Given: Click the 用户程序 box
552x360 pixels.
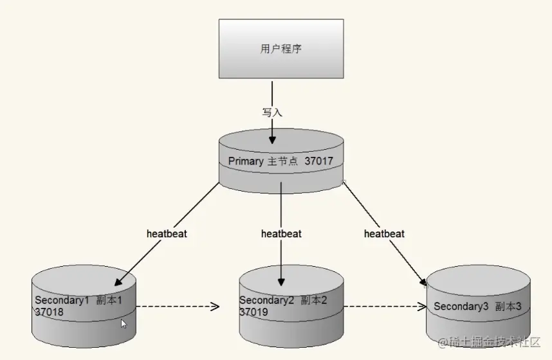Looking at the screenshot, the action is (281, 49).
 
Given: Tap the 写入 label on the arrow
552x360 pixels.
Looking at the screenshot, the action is (272, 113).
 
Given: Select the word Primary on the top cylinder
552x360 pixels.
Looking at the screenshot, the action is (246, 161).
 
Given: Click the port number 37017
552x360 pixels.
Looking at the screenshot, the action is (318, 161).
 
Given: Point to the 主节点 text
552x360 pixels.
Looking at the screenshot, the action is (282, 161).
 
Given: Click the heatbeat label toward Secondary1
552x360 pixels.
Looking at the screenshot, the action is (167, 233).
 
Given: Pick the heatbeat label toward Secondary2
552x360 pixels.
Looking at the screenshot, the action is (281, 233).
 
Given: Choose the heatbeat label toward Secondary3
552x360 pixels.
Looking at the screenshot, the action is (384, 233).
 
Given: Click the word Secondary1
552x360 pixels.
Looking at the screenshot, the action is (62, 300).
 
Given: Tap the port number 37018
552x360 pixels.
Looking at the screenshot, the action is (49, 312).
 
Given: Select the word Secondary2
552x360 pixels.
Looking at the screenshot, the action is (266, 300).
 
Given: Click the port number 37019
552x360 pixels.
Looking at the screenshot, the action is (253, 312).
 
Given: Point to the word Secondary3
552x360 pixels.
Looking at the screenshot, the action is (461, 306).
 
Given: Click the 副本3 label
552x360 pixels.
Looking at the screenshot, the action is (508, 306).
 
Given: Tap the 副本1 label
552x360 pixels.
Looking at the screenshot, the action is (109, 300).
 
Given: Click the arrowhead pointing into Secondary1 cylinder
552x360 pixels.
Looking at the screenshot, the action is (118, 281).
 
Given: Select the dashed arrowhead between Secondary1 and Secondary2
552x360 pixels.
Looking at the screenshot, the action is (215, 307).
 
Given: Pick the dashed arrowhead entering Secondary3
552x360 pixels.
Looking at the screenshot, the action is (422, 307).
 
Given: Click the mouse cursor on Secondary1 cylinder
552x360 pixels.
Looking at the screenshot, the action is (124, 324).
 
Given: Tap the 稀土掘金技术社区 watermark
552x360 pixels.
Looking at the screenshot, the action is (490, 342).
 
